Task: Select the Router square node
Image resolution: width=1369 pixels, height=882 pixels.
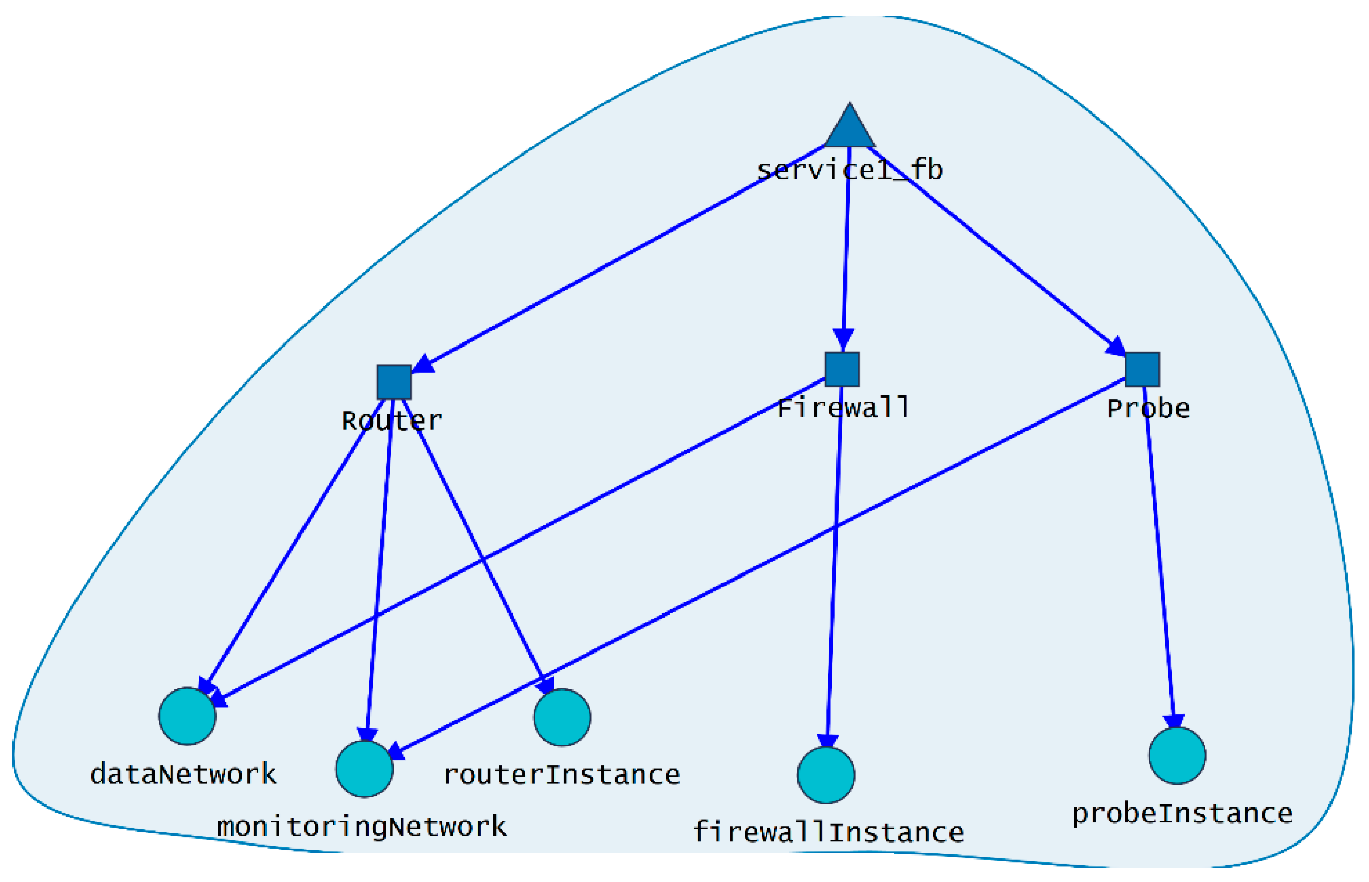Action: coord(394,382)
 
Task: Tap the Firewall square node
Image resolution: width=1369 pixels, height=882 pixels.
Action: coord(842,369)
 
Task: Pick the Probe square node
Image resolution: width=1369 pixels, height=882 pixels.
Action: coord(1142,369)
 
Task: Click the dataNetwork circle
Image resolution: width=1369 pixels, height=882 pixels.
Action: coord(187,716)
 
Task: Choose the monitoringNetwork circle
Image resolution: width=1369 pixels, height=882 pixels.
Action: coord(364,769)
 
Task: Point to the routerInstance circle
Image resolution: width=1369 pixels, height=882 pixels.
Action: coord(562,717)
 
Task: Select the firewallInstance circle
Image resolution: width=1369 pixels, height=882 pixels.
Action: coord(826,775)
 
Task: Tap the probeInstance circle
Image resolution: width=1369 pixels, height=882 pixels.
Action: coord(1177,755)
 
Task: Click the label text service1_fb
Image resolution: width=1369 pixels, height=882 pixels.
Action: coord(850,171)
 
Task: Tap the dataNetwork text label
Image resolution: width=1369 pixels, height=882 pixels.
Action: coord(183,774)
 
